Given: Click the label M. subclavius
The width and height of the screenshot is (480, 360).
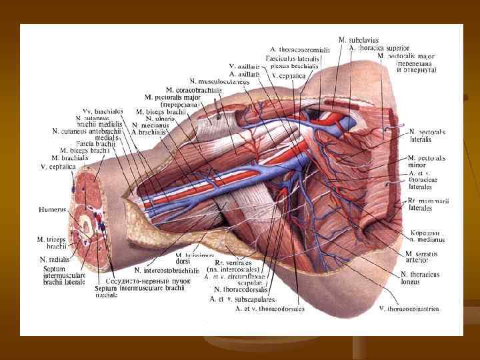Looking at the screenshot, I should pos(358,40).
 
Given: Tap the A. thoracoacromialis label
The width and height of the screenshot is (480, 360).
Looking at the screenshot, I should pos(300,49).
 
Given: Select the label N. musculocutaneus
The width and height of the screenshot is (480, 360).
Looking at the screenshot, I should pos(219,81).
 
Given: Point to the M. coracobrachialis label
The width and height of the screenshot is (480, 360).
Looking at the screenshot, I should pos(193,89).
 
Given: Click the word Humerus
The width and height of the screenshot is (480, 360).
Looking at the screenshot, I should pos(53,209).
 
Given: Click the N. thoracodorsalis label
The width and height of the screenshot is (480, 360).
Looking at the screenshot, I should pos(241,289).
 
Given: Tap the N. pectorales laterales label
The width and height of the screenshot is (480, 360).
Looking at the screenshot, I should pos(427,136).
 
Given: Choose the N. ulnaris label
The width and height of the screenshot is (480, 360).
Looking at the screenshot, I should pos(160,118).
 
